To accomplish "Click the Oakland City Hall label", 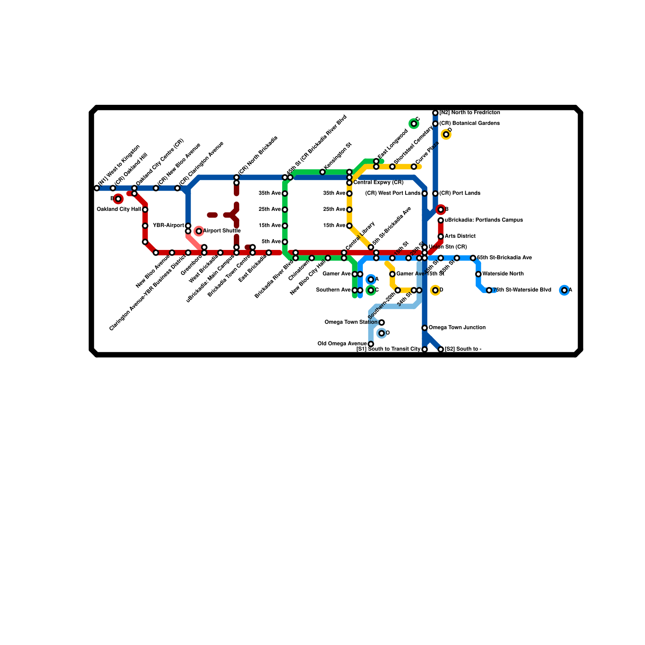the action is (x=119, y=209).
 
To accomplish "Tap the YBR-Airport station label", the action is (x=169, y=225).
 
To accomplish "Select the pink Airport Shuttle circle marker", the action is (x=199, y=231).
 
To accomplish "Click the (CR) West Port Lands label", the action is (x=393, y=193).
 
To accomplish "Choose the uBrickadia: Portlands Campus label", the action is (x=484, y=220).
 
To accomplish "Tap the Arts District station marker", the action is (x=441, y=236).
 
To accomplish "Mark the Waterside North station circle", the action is (x=478, y=274).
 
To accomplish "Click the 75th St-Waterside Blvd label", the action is (x=522, y=290).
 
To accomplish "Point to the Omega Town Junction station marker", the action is (x=424, y=328).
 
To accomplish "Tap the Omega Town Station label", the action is (x=351, y=322).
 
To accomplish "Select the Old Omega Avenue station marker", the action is (x=371, y=344).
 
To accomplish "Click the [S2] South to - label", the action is (x=463, y=349).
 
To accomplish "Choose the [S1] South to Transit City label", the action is (x=389, y=349).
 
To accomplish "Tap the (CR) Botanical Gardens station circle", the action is (x=435, y=123).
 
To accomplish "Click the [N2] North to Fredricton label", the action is (x=470, y=112).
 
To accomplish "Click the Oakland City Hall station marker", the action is (x=145, y=210).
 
